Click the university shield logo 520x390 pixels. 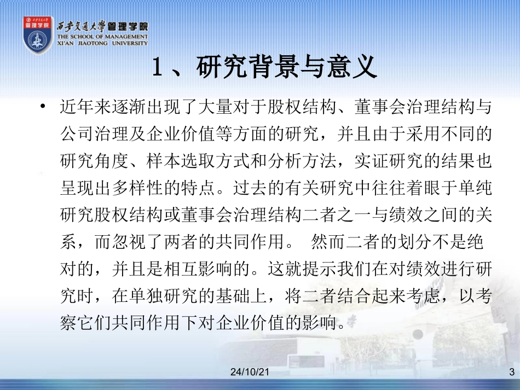pyautogui.click(x=38, y=35)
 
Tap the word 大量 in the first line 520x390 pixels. pyautogui.click(x=216, y=108)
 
